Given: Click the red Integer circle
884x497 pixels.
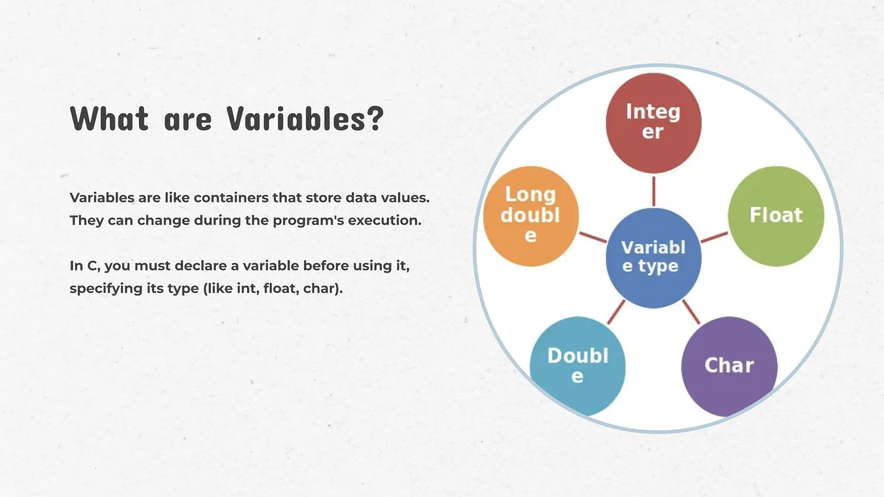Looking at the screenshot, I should tap(654, 123).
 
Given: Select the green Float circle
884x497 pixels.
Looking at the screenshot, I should tap(776, 216).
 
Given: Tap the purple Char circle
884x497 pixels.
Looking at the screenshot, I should tap(729, 366).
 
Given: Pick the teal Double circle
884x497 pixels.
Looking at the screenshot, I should tap(578, 366).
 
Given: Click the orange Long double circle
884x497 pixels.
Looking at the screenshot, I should tap(530, 216).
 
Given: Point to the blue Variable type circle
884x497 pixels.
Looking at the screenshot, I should tap(654, 258).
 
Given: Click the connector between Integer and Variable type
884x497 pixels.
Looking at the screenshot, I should tap(654, 191).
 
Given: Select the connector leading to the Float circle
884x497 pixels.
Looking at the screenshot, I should tap(714, 237).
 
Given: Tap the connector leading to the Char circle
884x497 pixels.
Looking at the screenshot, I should tap(691, 312).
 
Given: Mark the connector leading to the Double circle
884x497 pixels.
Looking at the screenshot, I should tap(616, 312).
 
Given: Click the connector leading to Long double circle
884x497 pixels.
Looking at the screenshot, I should tap(593, 237).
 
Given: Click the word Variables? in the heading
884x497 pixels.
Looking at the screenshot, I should tap(305, 119).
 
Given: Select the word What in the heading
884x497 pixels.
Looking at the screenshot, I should tap(110, 119).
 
